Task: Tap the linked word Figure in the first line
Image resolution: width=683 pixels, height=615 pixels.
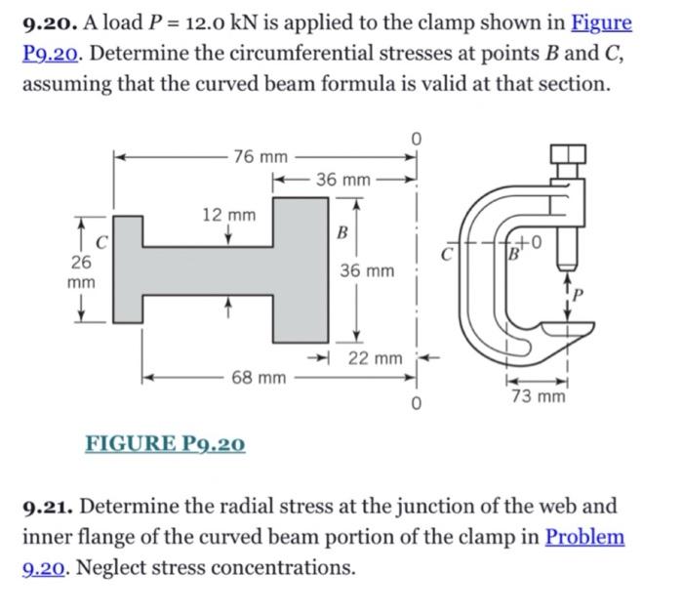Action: click(x=601, y=22)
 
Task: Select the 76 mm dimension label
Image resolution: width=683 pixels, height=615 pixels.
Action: click(x=261, y=156)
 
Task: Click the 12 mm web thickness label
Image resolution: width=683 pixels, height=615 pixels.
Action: click(x=228, y=214)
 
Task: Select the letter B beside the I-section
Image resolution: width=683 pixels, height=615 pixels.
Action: click(x=341, y=233)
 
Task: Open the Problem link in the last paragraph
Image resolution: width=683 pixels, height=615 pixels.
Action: click(x=584, y=537)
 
